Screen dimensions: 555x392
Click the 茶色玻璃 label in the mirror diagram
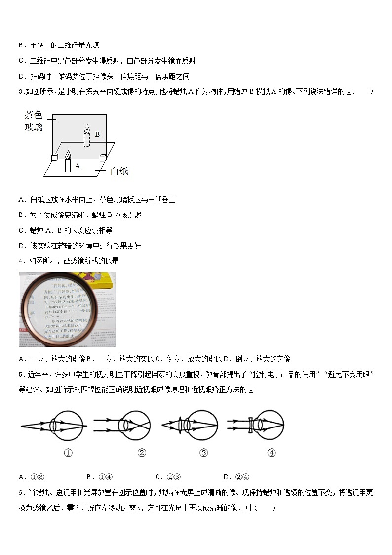pos(34,121)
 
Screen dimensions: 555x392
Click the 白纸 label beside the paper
pos(119,171)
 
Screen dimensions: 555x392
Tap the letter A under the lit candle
pos(78,167)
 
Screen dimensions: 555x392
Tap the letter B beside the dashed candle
pos(97,134)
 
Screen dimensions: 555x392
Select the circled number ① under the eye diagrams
pos(68,453)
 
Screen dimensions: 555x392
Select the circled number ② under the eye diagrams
pos(142,453)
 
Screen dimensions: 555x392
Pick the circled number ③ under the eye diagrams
pos(203,453)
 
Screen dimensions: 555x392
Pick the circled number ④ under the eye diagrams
pos(271,453)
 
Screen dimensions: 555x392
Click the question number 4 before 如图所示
pos(21,261)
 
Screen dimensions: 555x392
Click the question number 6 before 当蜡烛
pos(21,492)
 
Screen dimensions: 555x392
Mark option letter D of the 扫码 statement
pos(21,76)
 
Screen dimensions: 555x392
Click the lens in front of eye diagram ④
pos(252,425)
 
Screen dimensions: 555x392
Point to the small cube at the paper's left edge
pos(54,158)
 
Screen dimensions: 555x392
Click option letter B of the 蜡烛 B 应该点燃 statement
pos(21,215)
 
